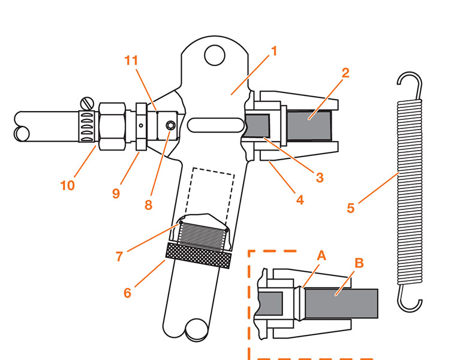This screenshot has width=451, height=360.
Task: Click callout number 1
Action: point(273,51)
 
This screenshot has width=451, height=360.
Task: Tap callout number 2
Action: point(345,74)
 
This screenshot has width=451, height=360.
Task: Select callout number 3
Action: point(320,177)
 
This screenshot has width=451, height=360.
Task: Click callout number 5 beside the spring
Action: point(351,208)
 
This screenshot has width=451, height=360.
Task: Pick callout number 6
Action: point(127,293)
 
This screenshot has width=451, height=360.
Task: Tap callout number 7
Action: point(120,256)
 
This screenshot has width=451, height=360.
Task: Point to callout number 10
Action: point(67,185)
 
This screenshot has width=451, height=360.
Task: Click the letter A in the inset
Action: point(321,254)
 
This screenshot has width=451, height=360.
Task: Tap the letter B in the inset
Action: point(359,263)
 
